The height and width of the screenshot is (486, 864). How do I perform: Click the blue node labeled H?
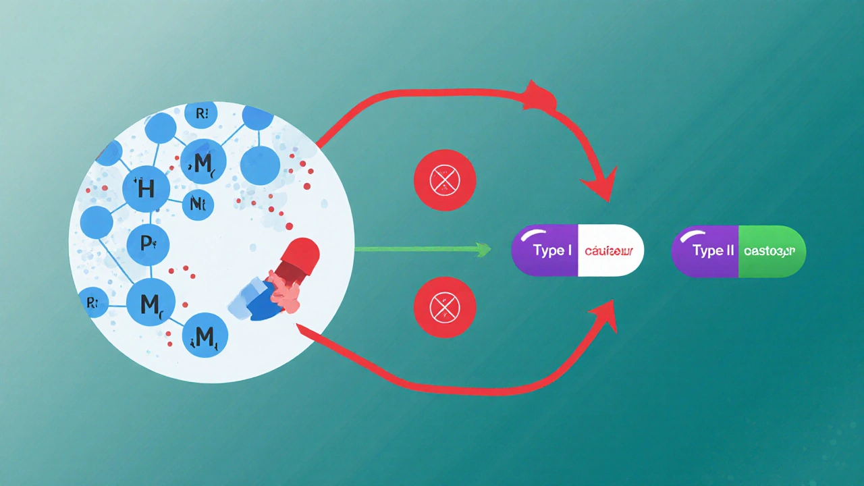(x=146, y=188)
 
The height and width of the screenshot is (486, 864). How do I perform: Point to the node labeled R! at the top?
(x=201, y=113)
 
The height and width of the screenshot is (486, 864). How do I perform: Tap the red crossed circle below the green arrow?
(x=445, y=307)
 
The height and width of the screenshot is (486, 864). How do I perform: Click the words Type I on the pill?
(x=553, y=251)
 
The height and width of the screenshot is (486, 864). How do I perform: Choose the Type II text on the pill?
(x=713, y=251)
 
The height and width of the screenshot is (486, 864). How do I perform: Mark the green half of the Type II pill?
(x=773, y=251)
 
